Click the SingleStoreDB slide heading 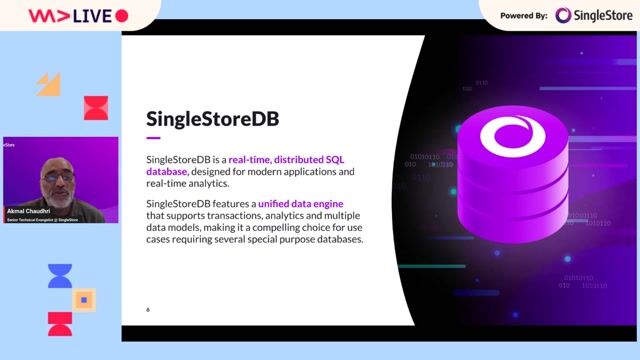pyautogui.click(x=212, y=120)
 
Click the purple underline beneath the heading pyautogui.click(x=153, y=138)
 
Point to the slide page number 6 pyautogui.click(x=148, y=308)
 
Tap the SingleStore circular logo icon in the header pyautogui.click(x=563, y=15)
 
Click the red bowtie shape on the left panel pyautogui.click(x=95, y=107)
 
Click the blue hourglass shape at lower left pyautogui.click(x=60, y=276)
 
